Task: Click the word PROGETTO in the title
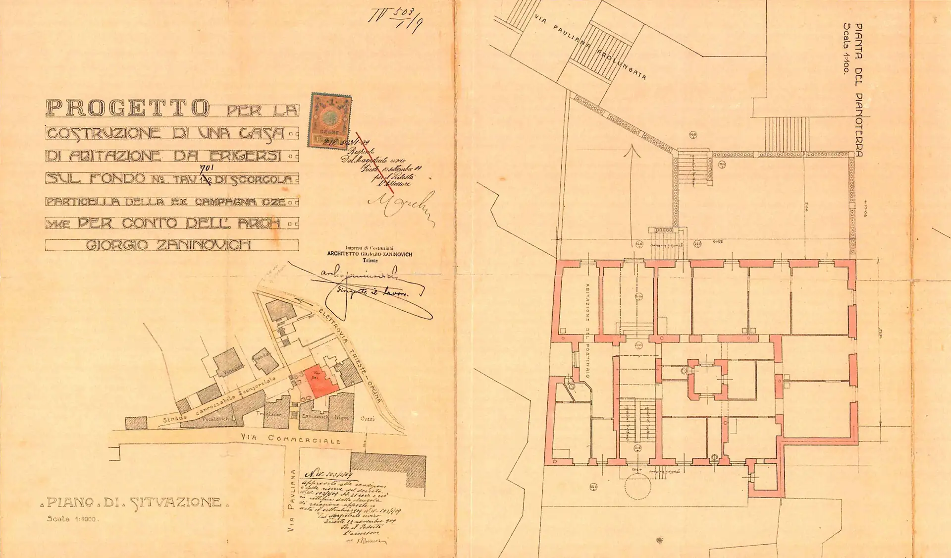coord(127,108)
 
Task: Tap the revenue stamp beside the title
coord(330,121)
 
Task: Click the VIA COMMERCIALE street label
coord(304,439)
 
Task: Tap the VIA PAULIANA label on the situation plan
coord(292,501)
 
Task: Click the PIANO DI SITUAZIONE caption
coord(134,503)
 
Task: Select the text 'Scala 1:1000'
coord(73,519)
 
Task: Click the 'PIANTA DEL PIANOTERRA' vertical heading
coord(859,90)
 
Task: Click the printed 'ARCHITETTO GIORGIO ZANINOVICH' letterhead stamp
coord(370,254)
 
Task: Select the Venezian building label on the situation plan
coord(233,366)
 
